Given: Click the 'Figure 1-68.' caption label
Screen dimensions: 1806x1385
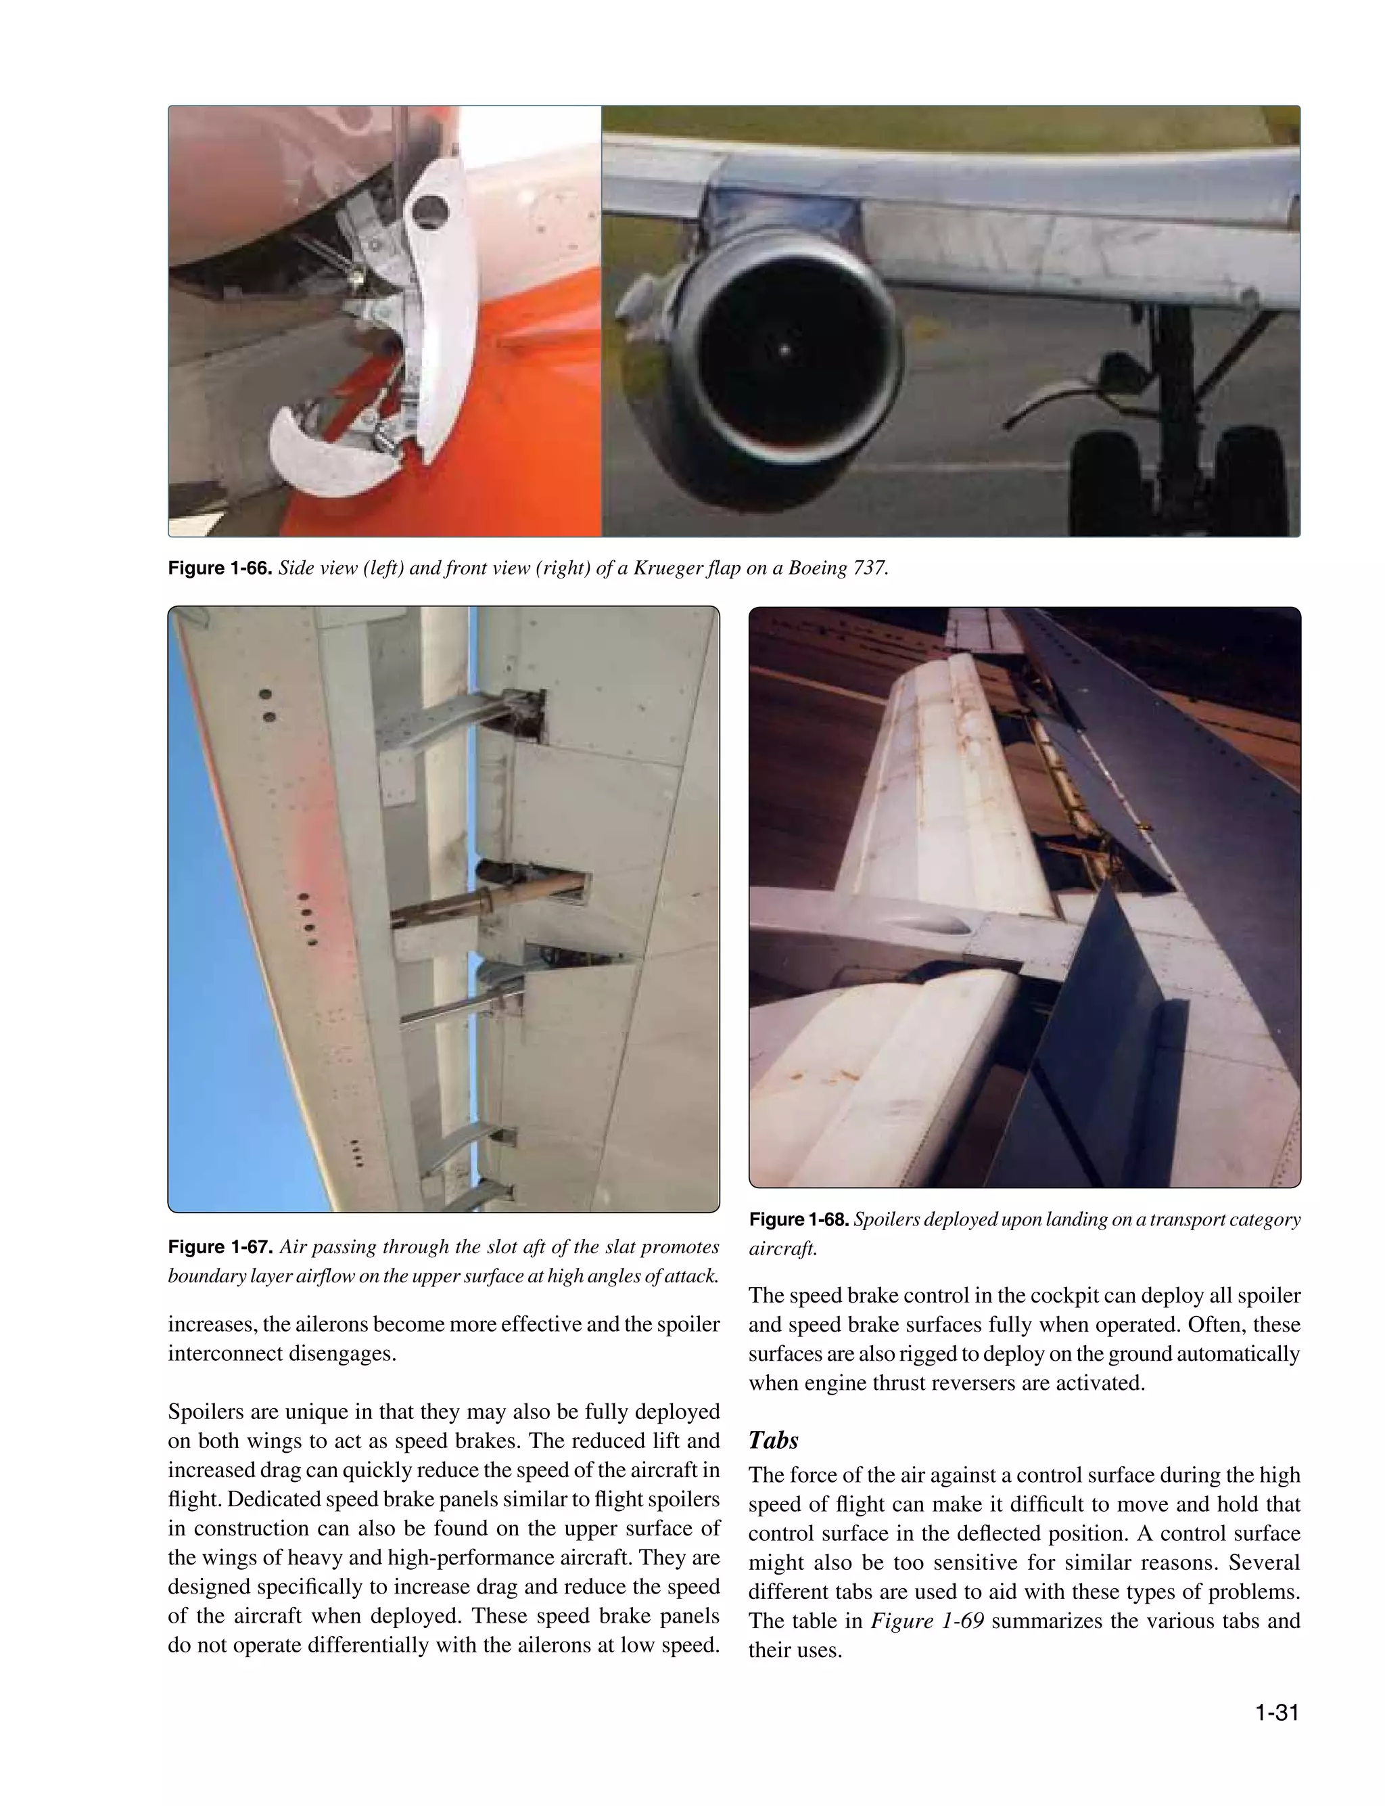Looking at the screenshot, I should tap(799, 1219).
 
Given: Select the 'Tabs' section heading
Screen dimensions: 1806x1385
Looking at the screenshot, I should tap(773, 1441).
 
